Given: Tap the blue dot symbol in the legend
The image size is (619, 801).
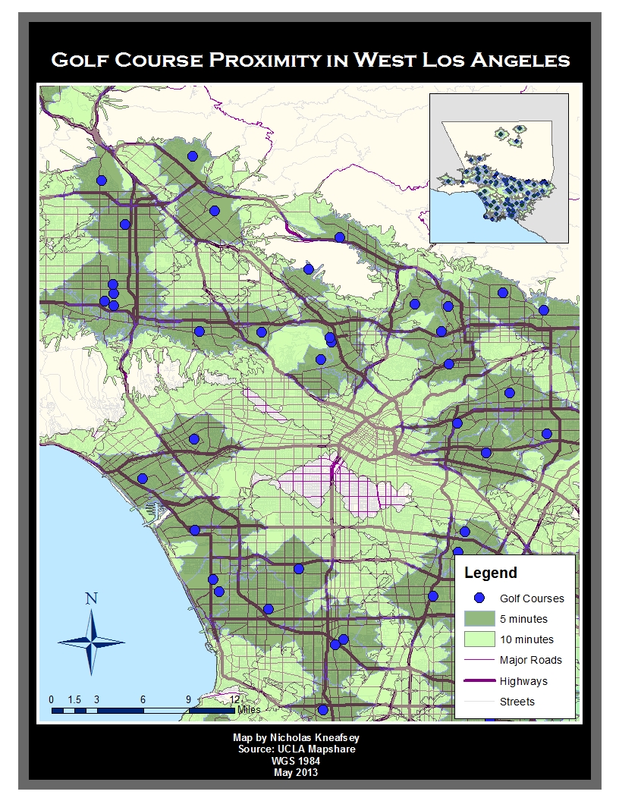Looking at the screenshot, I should click(479, 598).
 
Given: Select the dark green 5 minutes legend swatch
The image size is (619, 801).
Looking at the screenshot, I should click(479, 618).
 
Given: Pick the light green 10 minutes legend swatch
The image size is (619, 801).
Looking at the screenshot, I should click(479, 639).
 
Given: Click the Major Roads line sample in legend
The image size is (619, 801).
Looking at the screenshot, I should click(479, 660).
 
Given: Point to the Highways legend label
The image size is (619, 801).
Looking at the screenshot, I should click(523, 681).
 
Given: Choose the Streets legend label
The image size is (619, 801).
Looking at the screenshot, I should click(517, 702).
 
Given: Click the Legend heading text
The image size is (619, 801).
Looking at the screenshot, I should click(490, 573).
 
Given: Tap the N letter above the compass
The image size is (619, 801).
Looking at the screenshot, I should click(92, 598).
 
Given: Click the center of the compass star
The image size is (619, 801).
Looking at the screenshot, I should click(92, 642).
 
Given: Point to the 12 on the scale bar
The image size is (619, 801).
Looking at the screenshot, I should click(234, 699).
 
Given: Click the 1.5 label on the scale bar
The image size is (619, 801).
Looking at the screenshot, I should click(74, 699).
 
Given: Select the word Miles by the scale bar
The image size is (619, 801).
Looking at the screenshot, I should click(249, 710).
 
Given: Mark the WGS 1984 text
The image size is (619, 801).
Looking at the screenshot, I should click(295, 761).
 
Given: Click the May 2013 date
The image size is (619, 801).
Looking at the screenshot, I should click(295, 772).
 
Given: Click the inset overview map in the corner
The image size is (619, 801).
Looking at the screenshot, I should click(498, 168).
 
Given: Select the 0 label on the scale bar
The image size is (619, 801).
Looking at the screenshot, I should click(51, 699).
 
